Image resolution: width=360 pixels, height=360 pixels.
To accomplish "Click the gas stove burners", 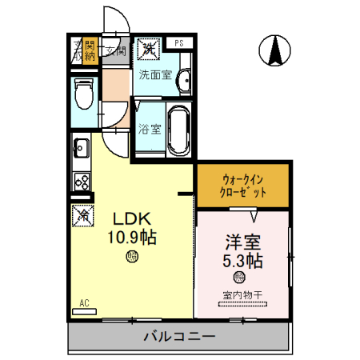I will [81, 181].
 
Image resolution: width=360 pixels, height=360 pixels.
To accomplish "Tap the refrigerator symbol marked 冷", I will [82, 214].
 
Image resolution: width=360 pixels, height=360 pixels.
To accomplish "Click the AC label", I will [85, 302].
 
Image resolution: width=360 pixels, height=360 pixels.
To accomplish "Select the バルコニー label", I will [179, 337].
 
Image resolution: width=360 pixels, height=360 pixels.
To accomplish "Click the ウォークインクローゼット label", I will [242, 186].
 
